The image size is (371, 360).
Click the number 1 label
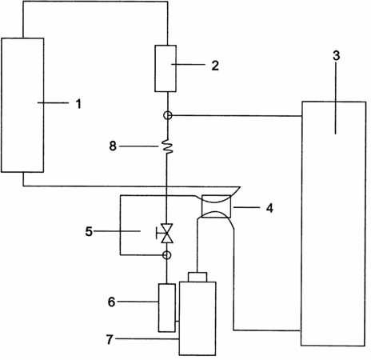tap(78, 103)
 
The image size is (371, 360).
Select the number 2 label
tap(215, 66)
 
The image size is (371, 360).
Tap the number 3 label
tap(337, 55)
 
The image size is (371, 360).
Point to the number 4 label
tap(269, 208)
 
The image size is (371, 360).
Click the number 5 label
tap(89, 231)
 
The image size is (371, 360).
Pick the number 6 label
tap(111, 302)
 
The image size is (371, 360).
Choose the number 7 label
tap(110, 340)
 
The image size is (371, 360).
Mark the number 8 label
tap(113, 146)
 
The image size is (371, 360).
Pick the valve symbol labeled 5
tap(167, 233)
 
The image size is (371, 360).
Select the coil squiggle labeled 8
tap(167, 146)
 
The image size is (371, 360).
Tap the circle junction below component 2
tap(168, 115)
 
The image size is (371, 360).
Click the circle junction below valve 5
tap(167, 255)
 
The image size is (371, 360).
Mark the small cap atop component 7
tap(197, 277)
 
